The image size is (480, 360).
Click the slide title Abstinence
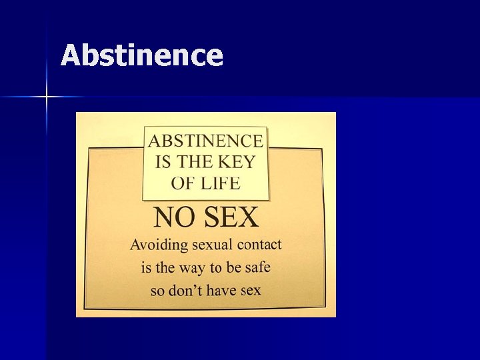pyautogui.click(x=141, y=55)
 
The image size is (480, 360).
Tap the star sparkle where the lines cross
pyautogui.click(x=47, y=97)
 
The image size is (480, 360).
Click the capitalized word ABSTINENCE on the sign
pyautogui.click(x=205, y=141)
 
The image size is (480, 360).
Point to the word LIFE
pyautogui.click(x=221, y=182)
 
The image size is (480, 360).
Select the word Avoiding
pyautogui.click(x=159, y=245)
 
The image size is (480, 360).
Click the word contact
pyautogui.click(x=261, y=245)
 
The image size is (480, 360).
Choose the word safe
pyautogui.click(x=257, y=267)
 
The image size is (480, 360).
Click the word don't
pyautogui.click(x=182, y=290)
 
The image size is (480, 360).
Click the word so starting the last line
pyautogui.click(x=157, y=291)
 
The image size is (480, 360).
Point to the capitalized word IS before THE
pyautogui.click(x=163, y=161)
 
